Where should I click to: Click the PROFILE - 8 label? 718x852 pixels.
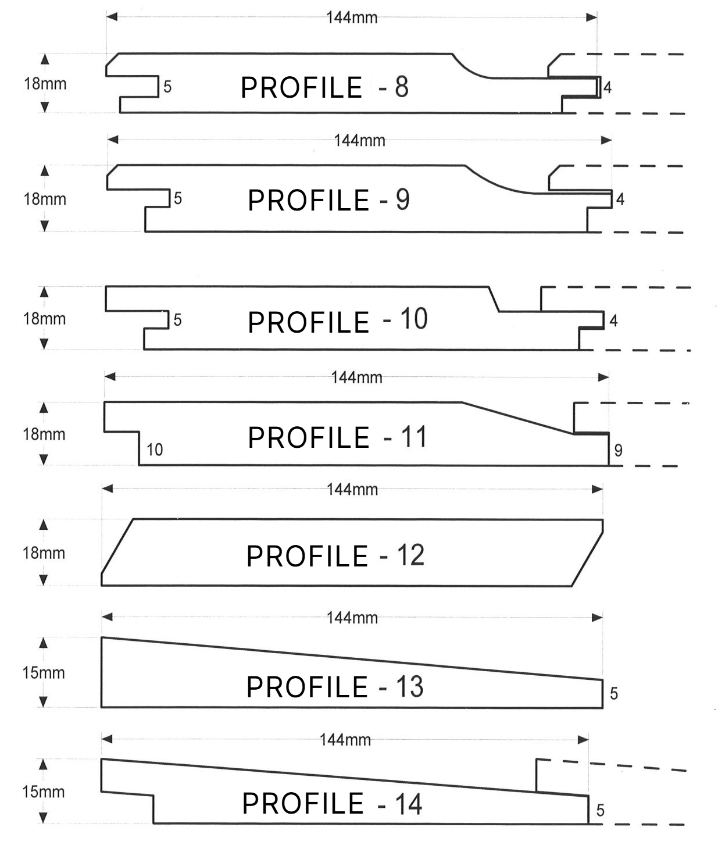click(x=324, y=87)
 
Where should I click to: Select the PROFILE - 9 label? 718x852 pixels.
click(x=329, y=200)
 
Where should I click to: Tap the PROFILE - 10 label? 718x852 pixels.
click(x=338, y=320)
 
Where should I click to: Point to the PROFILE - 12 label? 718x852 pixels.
click(x=335, y=555)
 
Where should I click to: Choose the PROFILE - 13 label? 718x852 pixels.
click(x=335, y=687)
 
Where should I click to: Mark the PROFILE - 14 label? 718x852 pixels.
click(x=332, y=804)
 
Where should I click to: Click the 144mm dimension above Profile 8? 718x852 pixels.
click(x=352, y=17)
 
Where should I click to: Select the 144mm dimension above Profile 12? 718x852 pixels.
click(x=352, y=489)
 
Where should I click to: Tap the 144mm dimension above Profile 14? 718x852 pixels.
click(x=345, y=740)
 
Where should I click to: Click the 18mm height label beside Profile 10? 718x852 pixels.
click(x=44, y=319)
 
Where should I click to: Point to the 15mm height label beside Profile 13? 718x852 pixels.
click(x=44, y=673)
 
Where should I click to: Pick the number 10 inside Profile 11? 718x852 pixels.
click(x=155, y=450)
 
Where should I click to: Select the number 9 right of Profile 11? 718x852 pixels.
click(x=618, y=451)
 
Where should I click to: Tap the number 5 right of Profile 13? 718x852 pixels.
click(x=614, y=694)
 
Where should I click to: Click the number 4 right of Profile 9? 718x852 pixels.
click(x=620, y=199)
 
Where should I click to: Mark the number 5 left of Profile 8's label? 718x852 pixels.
click(x=167, y=87)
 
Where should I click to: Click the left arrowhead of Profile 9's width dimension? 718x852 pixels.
click(x=113, y=140)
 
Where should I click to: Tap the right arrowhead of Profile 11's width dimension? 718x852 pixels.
click(x=603, y=377)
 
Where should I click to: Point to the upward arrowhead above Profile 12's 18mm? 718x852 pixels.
click(x=44, y=525)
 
